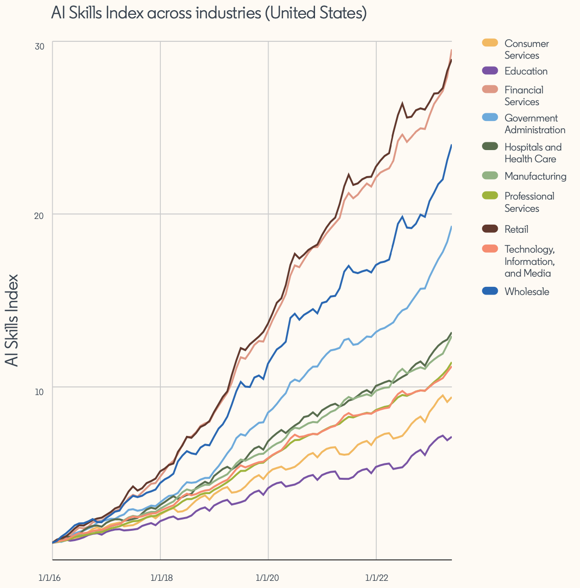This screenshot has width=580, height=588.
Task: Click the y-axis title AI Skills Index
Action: [12, 320]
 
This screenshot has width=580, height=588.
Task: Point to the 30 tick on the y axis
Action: [39, 46]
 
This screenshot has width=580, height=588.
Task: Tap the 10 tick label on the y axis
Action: [39, 391]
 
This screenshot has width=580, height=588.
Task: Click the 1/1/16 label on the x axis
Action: [50, 578]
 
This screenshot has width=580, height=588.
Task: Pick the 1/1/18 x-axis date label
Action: [161, 578]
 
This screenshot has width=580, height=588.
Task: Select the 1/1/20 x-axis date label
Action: [267, 578]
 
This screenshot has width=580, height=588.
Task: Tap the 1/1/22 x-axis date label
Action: [376, 578]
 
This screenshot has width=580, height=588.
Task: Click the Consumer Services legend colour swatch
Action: [490, 43]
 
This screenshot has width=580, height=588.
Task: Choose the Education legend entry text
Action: [526, 71]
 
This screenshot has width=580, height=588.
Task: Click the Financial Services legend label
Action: [523, 96]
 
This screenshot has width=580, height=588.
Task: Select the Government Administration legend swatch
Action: [490, 118]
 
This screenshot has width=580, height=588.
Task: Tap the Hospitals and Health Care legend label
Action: [533, 153]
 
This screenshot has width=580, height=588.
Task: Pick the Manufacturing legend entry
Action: [535, 177]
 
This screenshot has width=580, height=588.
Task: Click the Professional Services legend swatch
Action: [490, 196]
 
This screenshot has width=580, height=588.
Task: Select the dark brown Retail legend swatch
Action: [490, 229]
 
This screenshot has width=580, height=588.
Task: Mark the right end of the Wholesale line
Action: [451, 145]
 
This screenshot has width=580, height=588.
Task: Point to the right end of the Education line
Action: [451, 437]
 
